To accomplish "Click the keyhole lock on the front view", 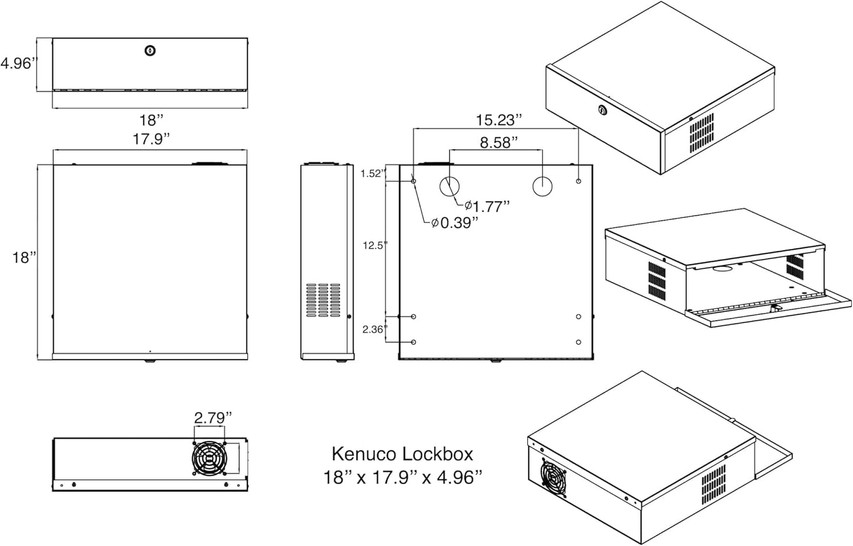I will (x=150, y=51).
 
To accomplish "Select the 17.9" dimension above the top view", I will (x=151, y=139).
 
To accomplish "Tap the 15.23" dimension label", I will (x=499, y=120).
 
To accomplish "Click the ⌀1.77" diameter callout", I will (x=486, y=206).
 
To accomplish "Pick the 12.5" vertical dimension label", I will (x=374, y=245).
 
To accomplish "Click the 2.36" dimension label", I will (x=374, y=330).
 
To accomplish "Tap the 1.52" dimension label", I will (x=373, y=173).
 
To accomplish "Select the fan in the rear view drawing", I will (x=208, y=458).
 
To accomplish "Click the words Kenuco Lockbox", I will (x=402, y=453).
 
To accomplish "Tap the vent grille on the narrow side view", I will (x=319, y=301).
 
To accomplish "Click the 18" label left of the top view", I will (x=25, y=258).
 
